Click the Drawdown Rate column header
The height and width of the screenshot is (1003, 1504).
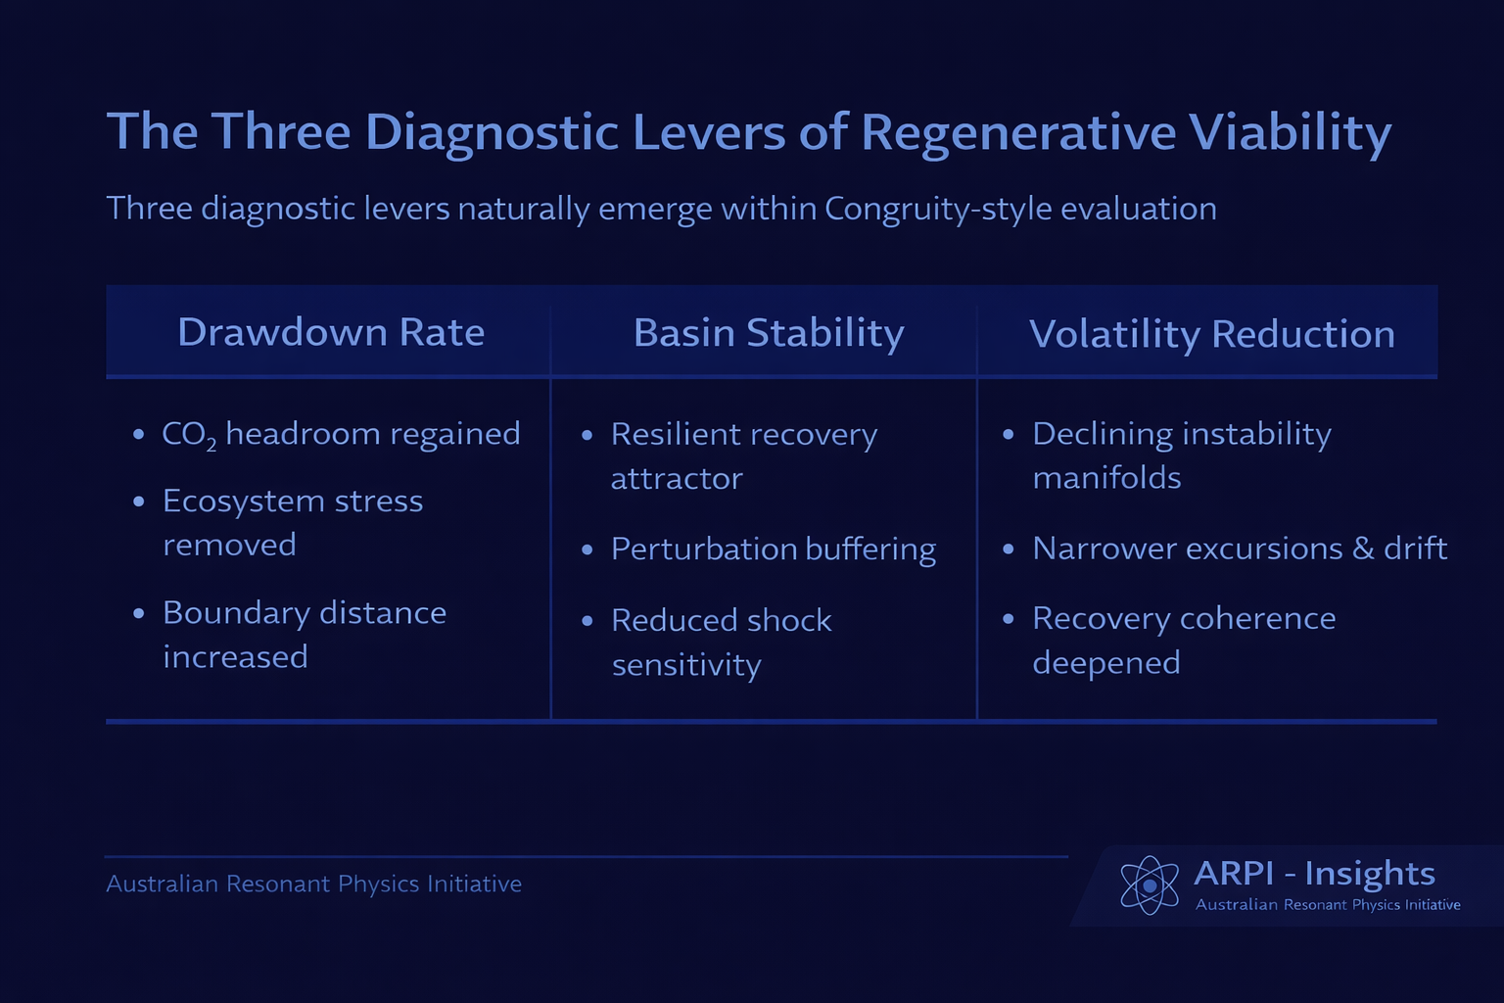(331, 333)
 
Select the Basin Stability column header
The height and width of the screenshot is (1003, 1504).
(769, 333)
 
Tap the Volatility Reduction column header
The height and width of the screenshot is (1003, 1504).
(1212, 334)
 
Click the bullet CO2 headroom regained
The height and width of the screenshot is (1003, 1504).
(341, 434)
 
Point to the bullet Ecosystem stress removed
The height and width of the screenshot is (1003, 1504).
(293, 522)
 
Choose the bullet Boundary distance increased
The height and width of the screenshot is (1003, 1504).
(305, 634)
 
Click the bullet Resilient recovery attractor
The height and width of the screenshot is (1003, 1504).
(744, 455)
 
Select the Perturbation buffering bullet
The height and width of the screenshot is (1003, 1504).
(774, 549)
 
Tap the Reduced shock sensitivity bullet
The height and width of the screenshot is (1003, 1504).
(722, 642)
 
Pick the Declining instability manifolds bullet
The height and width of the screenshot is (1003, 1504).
(1182, 454)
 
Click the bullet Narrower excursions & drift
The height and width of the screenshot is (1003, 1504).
(1240, 549)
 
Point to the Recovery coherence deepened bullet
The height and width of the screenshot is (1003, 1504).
(1184, 640)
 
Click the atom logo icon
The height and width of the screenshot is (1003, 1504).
(1150, 884)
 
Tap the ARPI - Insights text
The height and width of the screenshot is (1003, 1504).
(1314, 873)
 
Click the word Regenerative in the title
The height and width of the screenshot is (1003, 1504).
(1018, 132)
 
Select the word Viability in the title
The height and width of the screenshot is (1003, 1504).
(1291, 132)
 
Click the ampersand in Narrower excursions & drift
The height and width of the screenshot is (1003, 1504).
(1363, 549)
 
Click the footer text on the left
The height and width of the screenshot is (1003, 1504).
(313, 884)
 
